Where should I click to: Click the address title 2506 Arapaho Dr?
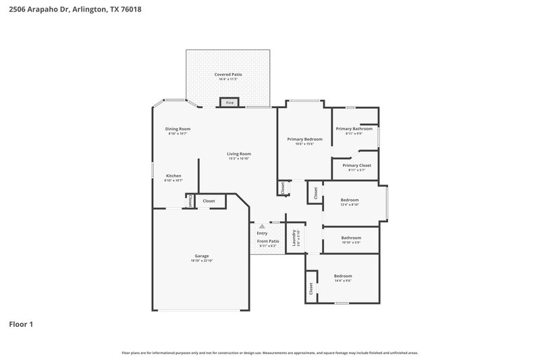tap(76, 10)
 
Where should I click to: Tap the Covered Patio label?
tap(228, 74)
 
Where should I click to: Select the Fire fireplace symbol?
tap(230, 103)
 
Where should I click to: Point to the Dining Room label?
tap(178, 129)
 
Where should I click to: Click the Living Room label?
tap(238, 154)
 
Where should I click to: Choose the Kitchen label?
tap(173, 176)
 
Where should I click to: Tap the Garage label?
tap(202, 256)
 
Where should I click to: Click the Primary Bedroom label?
tap(304, 139)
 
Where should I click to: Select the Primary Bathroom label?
tap(354, 128)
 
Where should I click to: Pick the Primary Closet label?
tap(356, 165)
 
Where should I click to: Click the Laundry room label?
tap(294, 237)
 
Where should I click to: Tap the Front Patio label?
tap(268, 241)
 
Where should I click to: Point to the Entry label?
tap(262, 233)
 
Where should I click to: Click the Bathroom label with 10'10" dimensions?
tap(351, 238)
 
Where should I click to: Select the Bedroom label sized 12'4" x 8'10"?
tap(350, 200)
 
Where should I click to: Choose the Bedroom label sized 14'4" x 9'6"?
tap(343, 276)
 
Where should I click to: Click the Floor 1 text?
tap(21, 324)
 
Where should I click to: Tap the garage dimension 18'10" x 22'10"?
tap(202, 261)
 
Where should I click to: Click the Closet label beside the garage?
tap(209, 201)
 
